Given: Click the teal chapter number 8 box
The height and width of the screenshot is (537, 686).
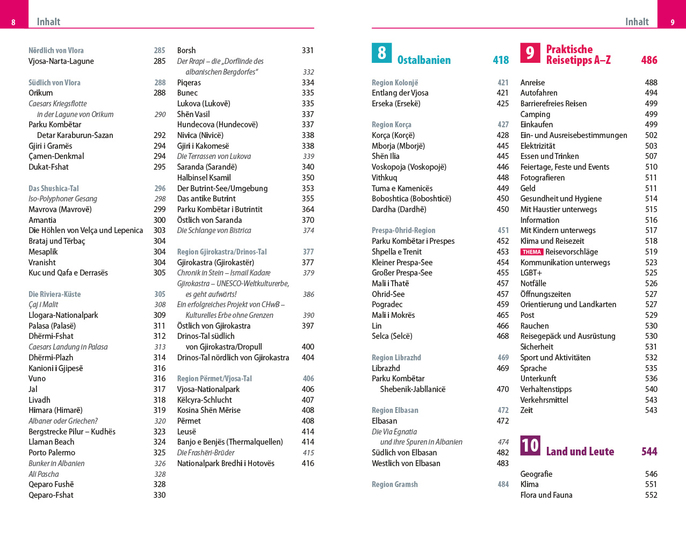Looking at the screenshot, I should click(x=381, y=53).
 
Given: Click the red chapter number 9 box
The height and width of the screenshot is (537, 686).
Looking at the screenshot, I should click(x=530, y=53).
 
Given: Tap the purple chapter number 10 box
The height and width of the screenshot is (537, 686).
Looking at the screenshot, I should click(x=530, y=445).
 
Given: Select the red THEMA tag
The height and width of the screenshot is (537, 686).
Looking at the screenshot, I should click(x=532, y=252).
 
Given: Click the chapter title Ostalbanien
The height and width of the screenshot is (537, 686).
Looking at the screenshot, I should click(x=424, y=60).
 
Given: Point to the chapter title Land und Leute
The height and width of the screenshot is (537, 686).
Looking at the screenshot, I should click(x=580, y=452).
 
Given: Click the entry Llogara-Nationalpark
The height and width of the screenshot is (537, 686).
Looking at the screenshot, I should click(x=63, y=315).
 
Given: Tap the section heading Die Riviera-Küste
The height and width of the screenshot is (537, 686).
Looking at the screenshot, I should click(x=55, y=294).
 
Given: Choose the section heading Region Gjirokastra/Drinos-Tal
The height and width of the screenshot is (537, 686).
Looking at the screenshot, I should click(x=222, y=252).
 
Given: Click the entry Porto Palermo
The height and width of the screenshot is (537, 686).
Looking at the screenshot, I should click(x=52, y=453).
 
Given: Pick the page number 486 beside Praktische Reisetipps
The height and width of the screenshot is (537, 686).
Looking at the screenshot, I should click(x=649, y=60).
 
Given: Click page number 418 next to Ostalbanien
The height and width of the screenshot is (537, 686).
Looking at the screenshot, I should click(x=501, y=60).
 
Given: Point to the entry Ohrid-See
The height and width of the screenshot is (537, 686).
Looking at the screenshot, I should click(x=388, y=294).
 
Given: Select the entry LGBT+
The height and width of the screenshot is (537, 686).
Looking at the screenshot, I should click(x=531, y=273).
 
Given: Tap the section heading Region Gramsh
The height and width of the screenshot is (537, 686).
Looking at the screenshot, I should click(x=395, y=484).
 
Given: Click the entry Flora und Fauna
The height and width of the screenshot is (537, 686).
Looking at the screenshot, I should click(x=546, y=495).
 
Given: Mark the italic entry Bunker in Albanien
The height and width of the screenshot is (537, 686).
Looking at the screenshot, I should click(x=56, y=463).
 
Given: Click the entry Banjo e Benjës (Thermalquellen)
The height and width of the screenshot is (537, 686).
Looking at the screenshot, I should click(x=230, y=442).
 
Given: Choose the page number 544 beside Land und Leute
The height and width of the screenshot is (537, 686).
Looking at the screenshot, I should click(x=649, y=452).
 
